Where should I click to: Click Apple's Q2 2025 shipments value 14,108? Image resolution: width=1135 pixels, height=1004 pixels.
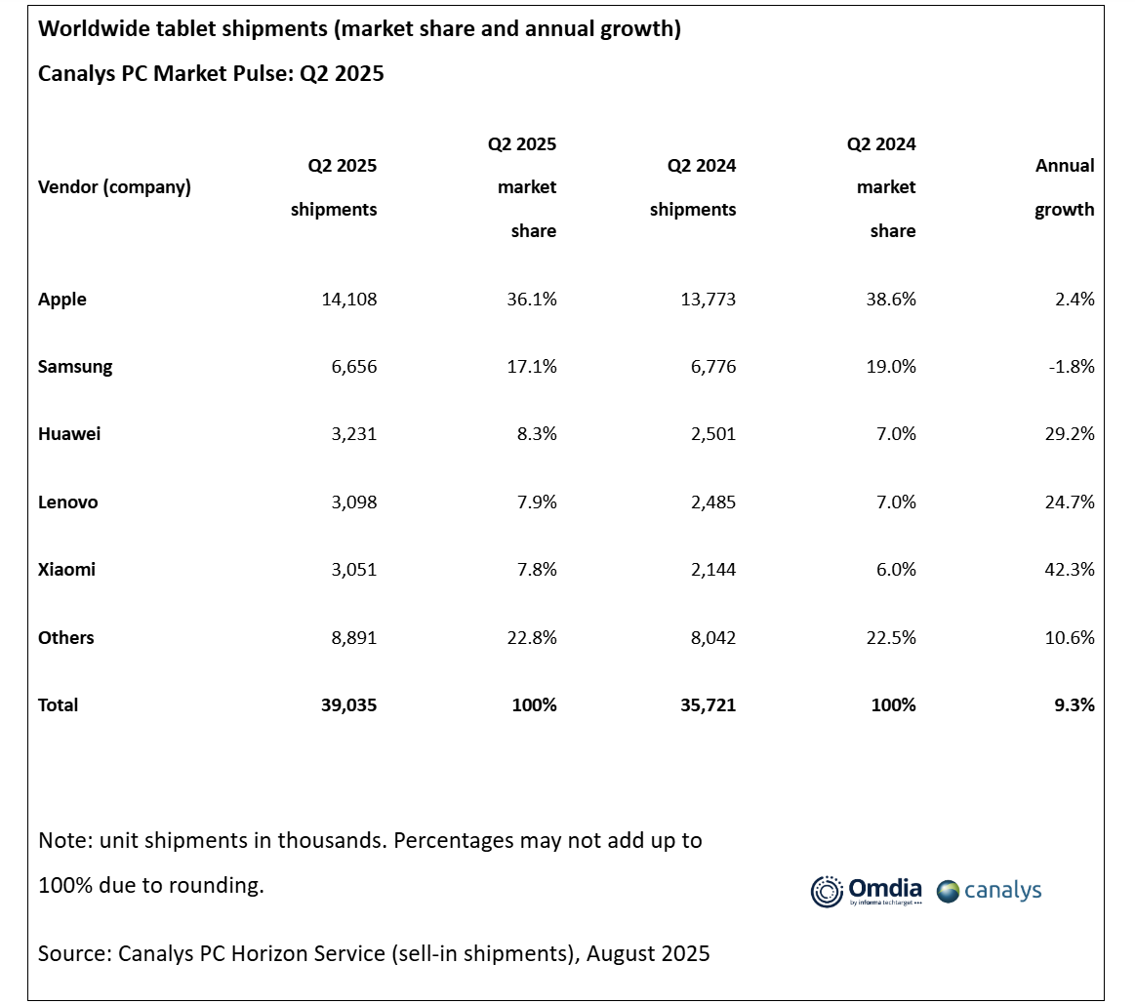coord(349,299)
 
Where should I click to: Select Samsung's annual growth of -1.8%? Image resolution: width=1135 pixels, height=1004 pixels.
coord(1072,366)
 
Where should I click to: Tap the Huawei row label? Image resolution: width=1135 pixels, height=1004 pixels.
coord(69,433)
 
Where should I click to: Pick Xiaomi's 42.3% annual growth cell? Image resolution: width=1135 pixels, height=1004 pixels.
coord(1070,569)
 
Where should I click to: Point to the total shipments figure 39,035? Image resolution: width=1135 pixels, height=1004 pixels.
coord(349,705)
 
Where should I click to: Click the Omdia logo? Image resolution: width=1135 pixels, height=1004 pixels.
coord(867,891)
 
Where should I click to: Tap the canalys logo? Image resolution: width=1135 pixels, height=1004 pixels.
coord(989,891)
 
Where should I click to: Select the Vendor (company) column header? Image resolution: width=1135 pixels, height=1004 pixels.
coord(114,186)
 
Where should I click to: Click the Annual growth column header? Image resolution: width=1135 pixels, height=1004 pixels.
coord(1064,187)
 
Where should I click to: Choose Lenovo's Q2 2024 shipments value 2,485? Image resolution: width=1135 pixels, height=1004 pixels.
coord(713,502)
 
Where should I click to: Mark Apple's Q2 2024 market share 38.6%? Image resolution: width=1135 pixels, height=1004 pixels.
coord(891,299)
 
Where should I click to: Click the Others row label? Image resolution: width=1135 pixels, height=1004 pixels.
coord(65,638)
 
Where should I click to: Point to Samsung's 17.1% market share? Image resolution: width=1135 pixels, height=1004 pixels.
coord(532,366)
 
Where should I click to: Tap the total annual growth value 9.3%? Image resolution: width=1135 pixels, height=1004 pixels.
coord(1074,705)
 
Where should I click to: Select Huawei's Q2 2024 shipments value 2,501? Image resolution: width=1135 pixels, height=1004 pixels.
coord(713,433)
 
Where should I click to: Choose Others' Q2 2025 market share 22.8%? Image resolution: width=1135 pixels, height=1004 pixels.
coord(532,638)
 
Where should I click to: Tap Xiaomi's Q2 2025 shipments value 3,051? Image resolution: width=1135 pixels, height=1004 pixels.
coord(354,569)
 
